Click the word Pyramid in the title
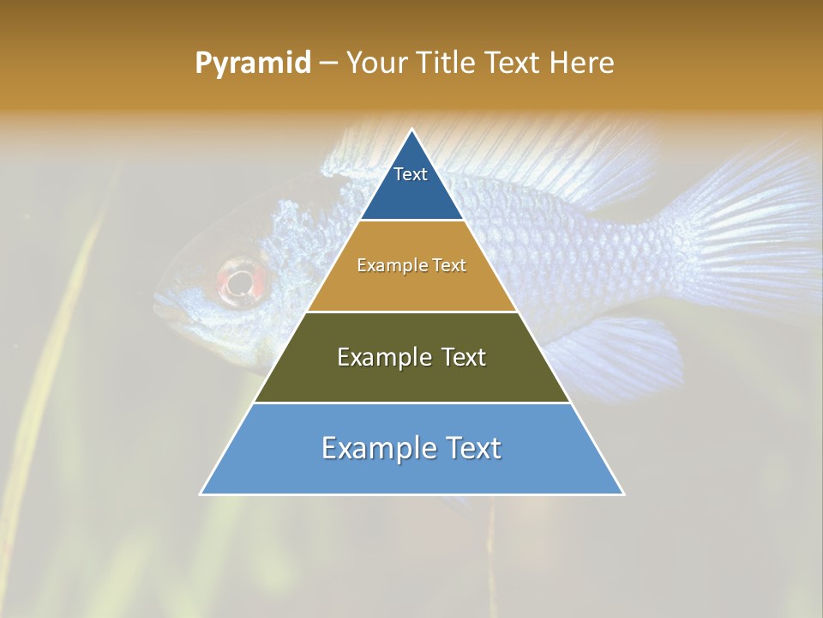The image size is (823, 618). [253, 64]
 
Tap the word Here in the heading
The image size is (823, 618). [582, 64]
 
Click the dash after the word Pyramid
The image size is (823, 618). [327, 64]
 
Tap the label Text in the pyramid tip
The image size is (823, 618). [411, 174]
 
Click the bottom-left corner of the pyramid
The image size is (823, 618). [201, 494]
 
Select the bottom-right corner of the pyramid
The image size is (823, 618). [622, 494]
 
